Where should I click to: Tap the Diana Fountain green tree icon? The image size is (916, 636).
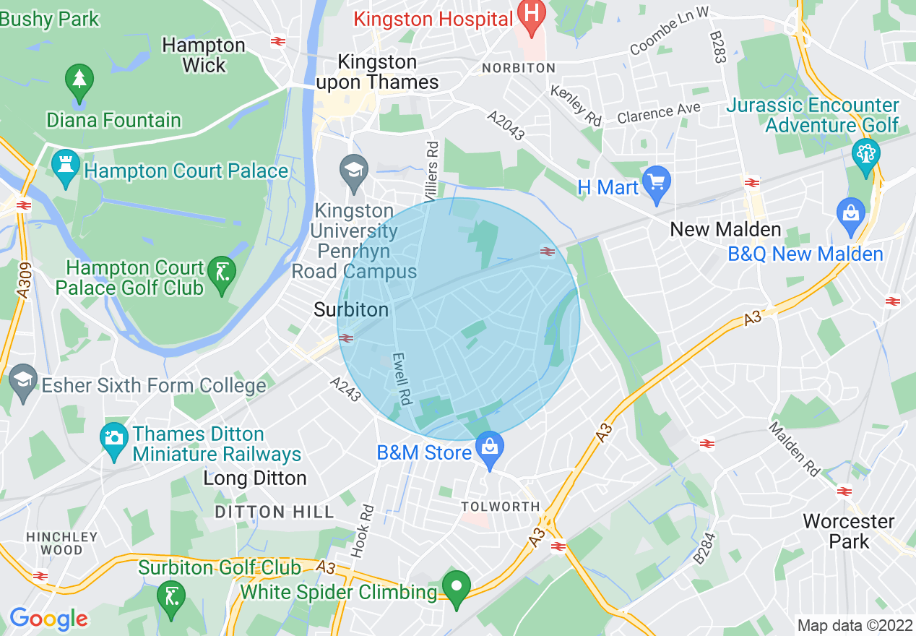tap(79, 81)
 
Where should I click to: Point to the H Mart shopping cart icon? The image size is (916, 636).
tap(656, 184)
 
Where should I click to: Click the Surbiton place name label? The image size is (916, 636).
tap(351, 309)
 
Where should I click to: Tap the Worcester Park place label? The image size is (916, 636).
tap(849, 530)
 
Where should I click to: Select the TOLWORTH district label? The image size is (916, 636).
tap(500, 507)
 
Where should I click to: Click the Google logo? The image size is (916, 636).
tap(48, 619)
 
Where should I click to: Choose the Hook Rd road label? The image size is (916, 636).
tap(363, 530)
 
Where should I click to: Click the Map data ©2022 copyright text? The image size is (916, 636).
tap(854, 625)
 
